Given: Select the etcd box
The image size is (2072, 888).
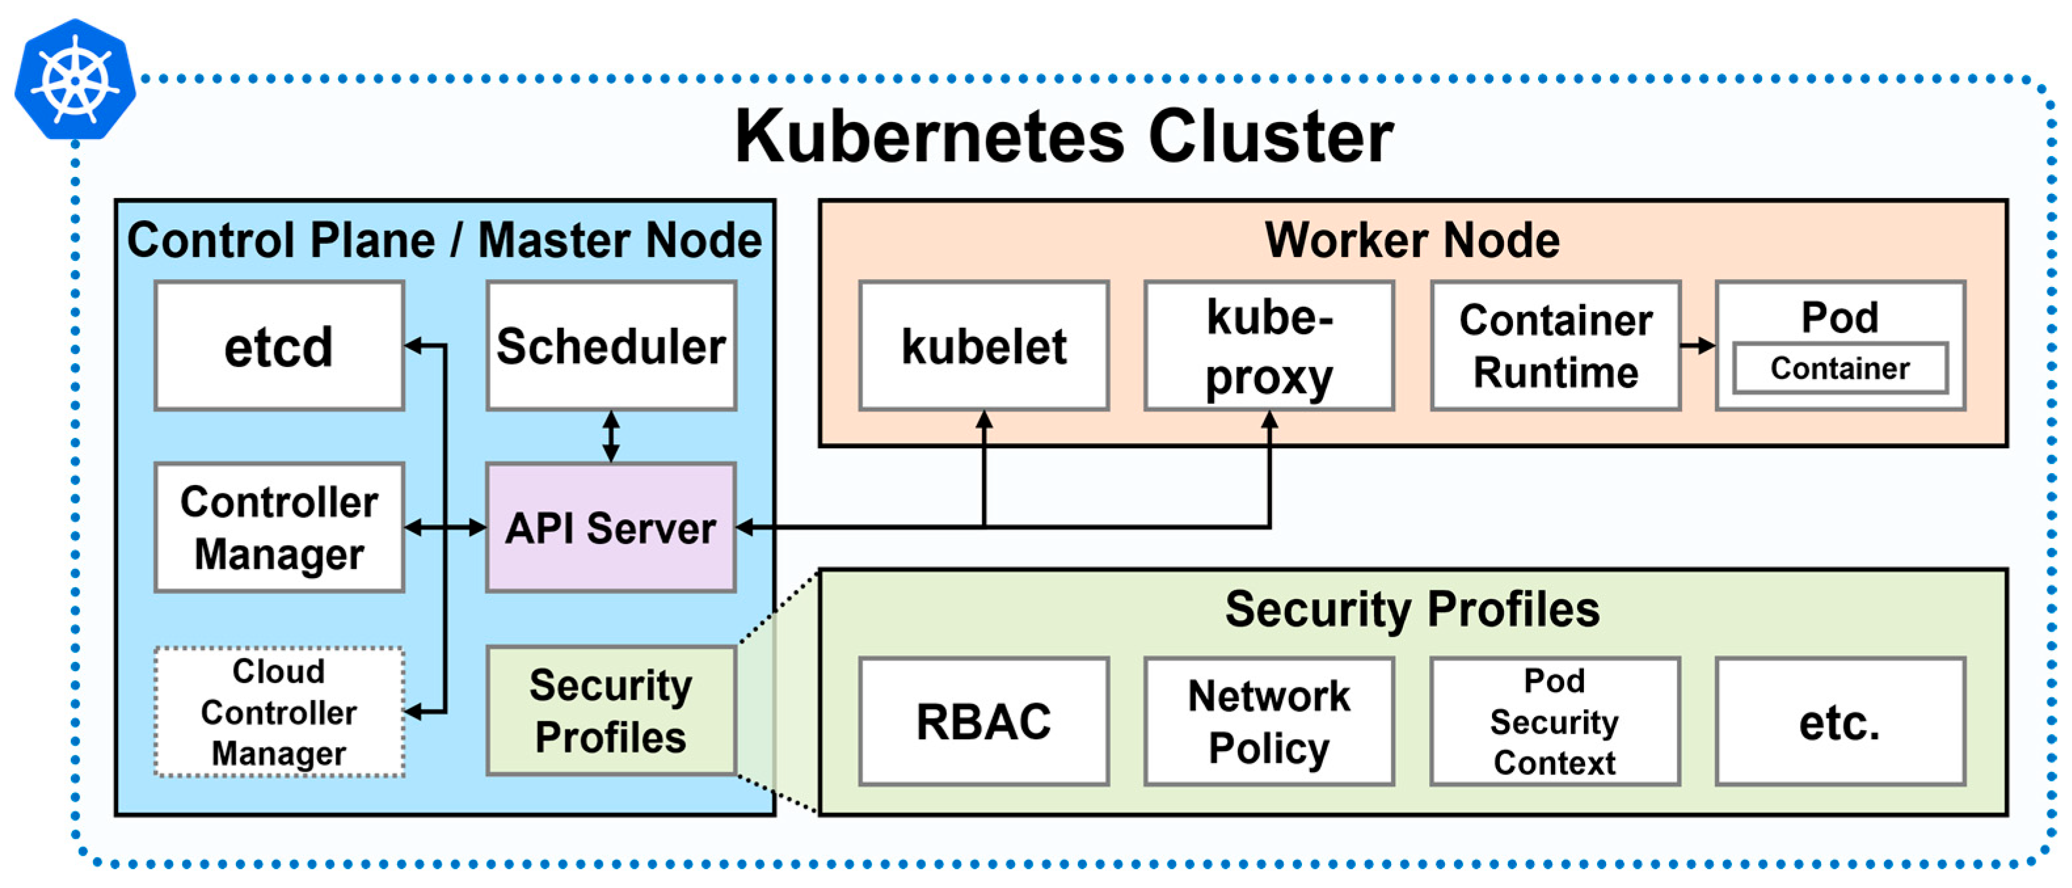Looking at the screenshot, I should coord(279,346).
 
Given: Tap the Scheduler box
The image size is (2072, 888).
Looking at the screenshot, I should coord(611,346).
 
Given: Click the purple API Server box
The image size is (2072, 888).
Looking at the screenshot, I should coord(611,528).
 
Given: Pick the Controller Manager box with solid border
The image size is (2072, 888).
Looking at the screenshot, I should coord(279,528).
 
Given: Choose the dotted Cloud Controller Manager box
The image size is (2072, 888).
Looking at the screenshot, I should coord(279,712).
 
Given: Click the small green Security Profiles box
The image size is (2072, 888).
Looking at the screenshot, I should coord(611,711).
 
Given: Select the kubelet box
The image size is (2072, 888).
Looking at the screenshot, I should coord(983,346).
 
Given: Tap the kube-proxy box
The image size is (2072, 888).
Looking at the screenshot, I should coord(1269,346).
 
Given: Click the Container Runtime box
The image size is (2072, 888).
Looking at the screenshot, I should coord(1555,346).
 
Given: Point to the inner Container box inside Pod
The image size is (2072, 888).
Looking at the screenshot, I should coord(1839,368).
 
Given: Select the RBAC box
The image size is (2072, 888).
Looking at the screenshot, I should coord(983,721).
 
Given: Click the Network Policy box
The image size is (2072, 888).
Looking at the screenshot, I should coord(1269,721).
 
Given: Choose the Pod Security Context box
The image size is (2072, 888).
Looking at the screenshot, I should coord(1555,721).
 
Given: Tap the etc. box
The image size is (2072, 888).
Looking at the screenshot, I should coord(1839,721).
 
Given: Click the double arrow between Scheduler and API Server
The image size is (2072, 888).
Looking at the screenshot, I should coord(611,436).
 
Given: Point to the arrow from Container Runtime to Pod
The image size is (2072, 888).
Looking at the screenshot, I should coord(1697,346).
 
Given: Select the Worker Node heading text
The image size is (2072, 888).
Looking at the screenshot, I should coord(1411,240).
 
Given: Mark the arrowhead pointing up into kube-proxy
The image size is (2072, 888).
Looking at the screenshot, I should coord(1269,420).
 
